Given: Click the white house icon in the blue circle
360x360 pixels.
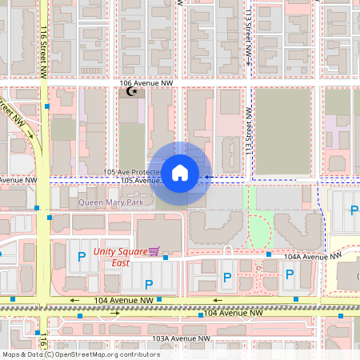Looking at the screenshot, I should click(x=180, y=172).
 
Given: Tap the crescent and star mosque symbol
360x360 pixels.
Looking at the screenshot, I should click(x=133, y=93).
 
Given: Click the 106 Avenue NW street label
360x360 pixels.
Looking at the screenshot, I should click(x=147, y=82).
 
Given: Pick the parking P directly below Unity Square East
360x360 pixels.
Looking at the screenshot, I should click(x=148, y=284).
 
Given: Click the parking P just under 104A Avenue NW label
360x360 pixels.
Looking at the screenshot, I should click(x=290, y=274).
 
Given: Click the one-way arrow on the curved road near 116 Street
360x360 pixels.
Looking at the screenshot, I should click(x=30, y=134).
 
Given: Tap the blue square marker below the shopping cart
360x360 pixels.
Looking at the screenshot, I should click(x=166, y=258).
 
